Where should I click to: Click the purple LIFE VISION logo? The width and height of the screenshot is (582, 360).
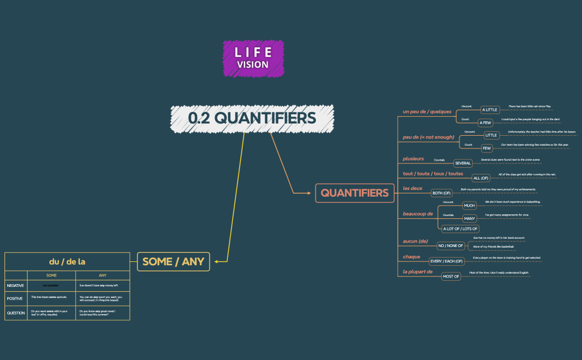click(x=253, y=58)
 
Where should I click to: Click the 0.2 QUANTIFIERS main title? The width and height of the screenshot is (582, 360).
click(x=252, y=118)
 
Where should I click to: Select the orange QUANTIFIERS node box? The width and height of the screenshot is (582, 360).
click(x=355, y=193)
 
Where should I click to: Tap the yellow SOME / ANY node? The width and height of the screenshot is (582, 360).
click(x=173, y=261)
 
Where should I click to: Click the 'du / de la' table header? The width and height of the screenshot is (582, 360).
click(x=67, y=261)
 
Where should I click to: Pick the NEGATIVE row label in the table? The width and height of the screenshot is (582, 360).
click(x=16, y=285)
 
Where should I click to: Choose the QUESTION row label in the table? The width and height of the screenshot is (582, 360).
click(x=16, y=313)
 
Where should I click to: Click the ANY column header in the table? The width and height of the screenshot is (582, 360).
click(x=103, y=275)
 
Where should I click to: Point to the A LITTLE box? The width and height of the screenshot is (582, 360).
click(x=489, y=110)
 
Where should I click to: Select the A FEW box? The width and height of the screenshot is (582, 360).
click(x=486, y=123)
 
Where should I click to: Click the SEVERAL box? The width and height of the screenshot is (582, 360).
click(x=463, y=163)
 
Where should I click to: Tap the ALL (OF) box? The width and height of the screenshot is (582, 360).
click(x=481, y=178)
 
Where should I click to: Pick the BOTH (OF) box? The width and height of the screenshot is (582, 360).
click(x=442, y=193)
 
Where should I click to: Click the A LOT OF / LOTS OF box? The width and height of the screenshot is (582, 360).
click(x=460, y=228)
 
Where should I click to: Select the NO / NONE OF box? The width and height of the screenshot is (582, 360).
click(x=451, y=245)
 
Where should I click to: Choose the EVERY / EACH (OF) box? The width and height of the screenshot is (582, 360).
click(x=447, y=261)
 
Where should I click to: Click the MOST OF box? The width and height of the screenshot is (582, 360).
click(x=451, y=276)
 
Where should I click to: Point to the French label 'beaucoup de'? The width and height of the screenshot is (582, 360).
click(x=418, y=214)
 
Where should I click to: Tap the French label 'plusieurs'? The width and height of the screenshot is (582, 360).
click(x=413, y=159)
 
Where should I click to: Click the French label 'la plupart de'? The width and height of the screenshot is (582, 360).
click(x=417, y=272)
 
